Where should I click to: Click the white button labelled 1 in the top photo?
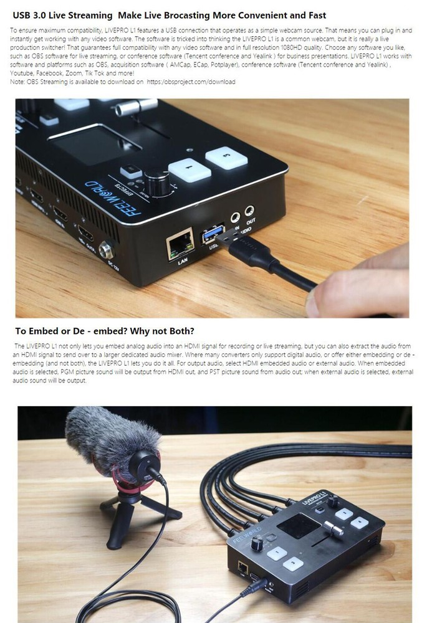pos(189,169)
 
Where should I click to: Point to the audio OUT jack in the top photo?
pos(250,212)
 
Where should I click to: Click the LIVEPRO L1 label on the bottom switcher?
pos(315,498)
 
